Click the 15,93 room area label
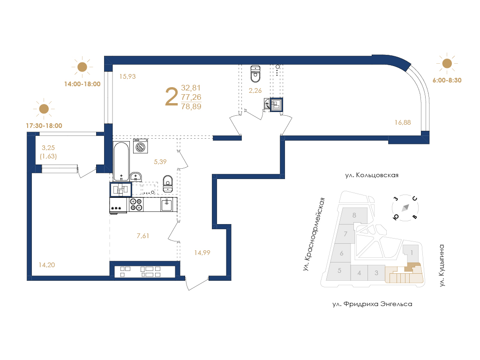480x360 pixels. click(x=127, y=76)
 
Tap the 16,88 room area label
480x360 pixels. click(x=403, y=122)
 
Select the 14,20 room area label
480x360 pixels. click(x=47, y=265)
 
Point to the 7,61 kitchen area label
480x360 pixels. click(x=143, y=236)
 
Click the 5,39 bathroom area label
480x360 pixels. click(x=160, y=162)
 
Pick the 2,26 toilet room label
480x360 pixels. click(x=255, y=90)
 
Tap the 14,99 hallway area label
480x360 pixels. click(x=202, y=253)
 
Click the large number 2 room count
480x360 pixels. click(x=172, y=97)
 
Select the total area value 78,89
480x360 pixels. click(x=191, y=106)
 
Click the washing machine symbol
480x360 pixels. click(x=141, y=146)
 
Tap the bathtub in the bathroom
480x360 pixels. click(x=121, y=161)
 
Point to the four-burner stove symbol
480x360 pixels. click(x=136, y=204)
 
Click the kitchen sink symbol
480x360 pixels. click(x=167, y=204)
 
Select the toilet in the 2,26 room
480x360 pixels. click(x=255, y=74)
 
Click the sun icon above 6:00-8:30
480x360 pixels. click(x=447, y=63)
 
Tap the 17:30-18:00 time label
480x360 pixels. click(x=44, y=126)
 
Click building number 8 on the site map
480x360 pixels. click(x=354, y=215)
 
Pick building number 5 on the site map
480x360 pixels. click(x=339, y=270)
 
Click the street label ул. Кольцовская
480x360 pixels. click(x=372, y=175)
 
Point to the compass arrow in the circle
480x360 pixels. click(x=405, y=208)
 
